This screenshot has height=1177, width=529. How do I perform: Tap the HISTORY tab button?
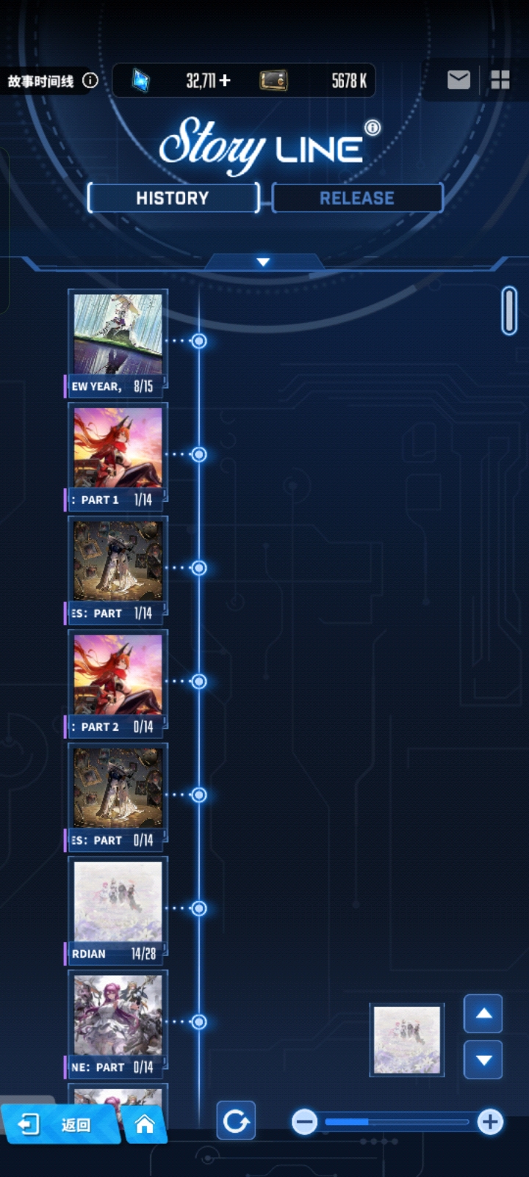[x=173, y=198]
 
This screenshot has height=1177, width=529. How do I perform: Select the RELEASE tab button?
[x=357, y=198]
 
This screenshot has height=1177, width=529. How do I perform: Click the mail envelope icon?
[x=458, y=79]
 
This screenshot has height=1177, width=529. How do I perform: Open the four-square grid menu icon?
[x=500, y=79]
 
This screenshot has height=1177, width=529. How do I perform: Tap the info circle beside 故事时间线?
[x=90, y=80]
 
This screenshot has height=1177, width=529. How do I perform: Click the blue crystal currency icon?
[x=140, y=80]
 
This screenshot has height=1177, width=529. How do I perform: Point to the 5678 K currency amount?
[x=348, y=80]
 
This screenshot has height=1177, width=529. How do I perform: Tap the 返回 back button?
[x=59, y=1124]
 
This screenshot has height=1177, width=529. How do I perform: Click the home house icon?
[x=145, y=1124]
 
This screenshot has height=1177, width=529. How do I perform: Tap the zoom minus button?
[x=304, y=1121]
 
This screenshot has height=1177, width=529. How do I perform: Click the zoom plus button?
[x=490, y=1121]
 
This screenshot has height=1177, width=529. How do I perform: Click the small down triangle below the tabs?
[x=263, y=262]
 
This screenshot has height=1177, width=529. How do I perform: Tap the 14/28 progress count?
[x=143, y=953]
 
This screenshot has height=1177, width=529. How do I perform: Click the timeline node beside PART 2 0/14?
[x=198, y=682]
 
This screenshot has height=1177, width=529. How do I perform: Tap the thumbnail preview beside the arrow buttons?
[x=407, y=1040]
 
